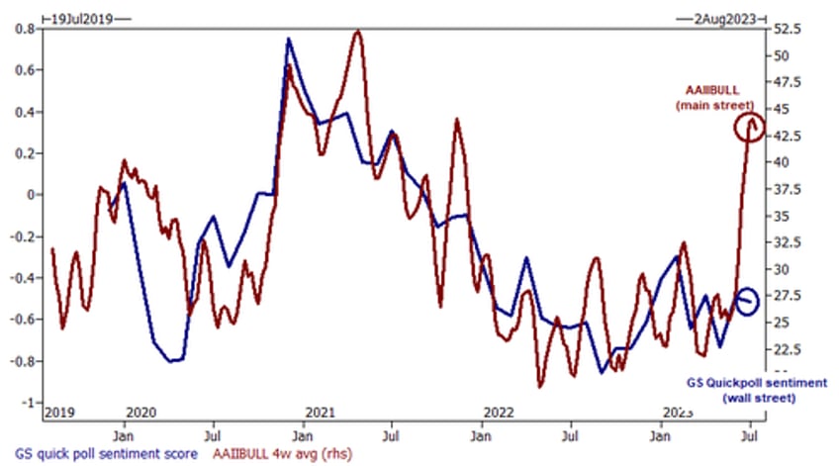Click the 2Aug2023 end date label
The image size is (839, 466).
tap(730, 16)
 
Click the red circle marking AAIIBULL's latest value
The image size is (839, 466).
tap(749, 127)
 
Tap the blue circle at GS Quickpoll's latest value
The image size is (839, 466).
tap(747, 300)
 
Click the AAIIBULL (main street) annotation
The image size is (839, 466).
tap(720, 95)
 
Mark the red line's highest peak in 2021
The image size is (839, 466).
tap(356, 32)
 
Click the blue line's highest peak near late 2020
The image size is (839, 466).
tap(288, 40)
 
